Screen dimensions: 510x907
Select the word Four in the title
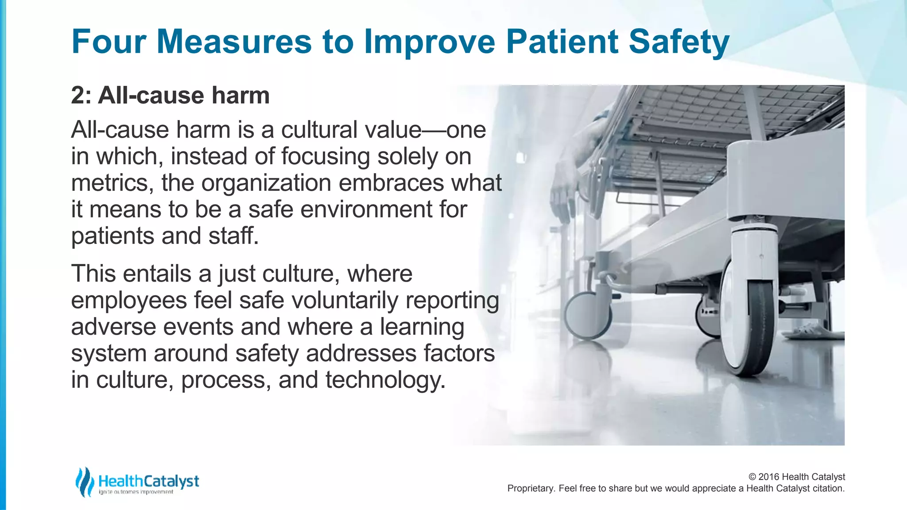109,42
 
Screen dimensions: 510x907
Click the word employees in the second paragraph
129,301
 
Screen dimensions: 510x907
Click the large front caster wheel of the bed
748,319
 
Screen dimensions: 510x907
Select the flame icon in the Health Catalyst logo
84,481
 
